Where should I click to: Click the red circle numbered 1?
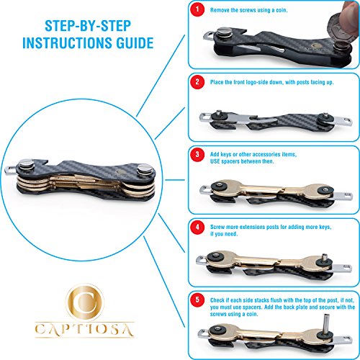coord(197,9)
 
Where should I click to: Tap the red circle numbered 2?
coord(197,82)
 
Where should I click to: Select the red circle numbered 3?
coord(197,155)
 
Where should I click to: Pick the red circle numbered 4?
coord(197,227)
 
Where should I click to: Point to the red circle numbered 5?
coord(197,300)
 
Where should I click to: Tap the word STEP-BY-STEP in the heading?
coord(88,26)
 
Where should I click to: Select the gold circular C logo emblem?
coord(85,302)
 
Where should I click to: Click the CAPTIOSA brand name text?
coord(84,329)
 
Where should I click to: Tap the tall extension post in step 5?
coord(326,324)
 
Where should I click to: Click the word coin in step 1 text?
coord(282,10)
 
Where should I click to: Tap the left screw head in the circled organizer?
coord(27,165)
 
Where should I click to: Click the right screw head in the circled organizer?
coord(145,169)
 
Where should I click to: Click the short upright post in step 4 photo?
coord(324,258)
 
